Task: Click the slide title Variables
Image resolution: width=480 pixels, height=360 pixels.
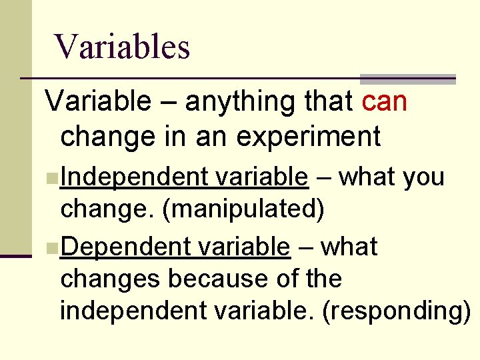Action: click(123, 47)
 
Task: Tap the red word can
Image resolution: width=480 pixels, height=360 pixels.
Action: click(385, 102)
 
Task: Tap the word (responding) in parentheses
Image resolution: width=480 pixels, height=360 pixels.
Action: click(396, 311)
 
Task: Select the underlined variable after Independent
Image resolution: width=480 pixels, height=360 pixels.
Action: click(262, 177)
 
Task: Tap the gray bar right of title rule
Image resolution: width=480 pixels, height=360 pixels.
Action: click(407, 79)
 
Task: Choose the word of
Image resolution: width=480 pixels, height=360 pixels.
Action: click(282, 279)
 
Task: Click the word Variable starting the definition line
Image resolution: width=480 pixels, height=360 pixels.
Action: click(98, 102)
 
